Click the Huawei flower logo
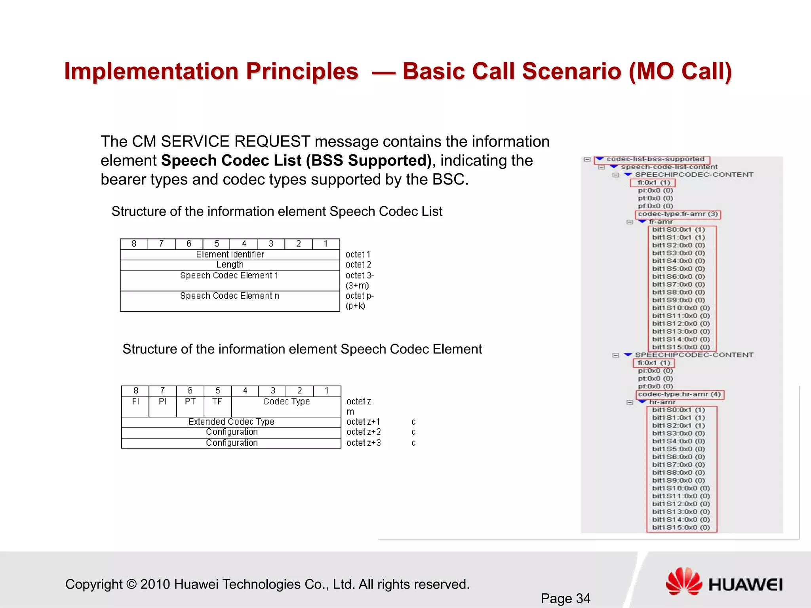(683, 581)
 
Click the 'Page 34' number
(565, 598)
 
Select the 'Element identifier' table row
(230, 255)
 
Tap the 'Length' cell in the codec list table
(230, 265)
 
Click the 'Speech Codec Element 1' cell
(230, 275)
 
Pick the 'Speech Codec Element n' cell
(230, 296)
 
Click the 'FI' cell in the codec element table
(135, 401)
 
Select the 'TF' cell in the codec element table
(217, 401)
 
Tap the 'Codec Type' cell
(286, 401)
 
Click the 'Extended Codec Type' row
(231, 422)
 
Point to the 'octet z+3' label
(364, 443)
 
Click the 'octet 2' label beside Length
(358, 265)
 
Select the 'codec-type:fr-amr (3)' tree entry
(678, 214)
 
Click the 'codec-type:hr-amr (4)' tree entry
(679, 394)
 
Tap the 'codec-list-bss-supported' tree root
(655, 159)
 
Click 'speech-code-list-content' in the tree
(669, 167)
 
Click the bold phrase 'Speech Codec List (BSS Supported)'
(296, 161)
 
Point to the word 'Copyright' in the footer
(94, 584)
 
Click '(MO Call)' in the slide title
(680, 72)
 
